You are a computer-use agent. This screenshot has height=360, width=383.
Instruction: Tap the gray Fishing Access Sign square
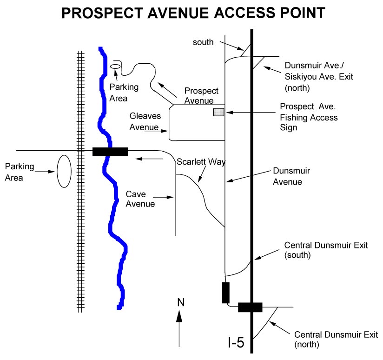[218, 112]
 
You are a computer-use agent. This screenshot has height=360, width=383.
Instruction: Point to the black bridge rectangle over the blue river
[110, 152]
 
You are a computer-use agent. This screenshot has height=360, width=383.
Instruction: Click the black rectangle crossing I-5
[250, 307]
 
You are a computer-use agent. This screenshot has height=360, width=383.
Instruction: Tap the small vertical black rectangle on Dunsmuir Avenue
[226, 293]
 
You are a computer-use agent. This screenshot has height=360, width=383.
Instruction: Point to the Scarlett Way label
[201, 162]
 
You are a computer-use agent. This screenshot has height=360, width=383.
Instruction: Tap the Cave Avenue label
[140, 198]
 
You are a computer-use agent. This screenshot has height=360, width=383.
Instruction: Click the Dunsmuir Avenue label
[291, 176]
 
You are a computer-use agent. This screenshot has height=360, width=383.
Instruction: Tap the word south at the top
[203, 42]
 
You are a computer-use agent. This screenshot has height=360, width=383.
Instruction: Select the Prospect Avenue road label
[201, 95]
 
